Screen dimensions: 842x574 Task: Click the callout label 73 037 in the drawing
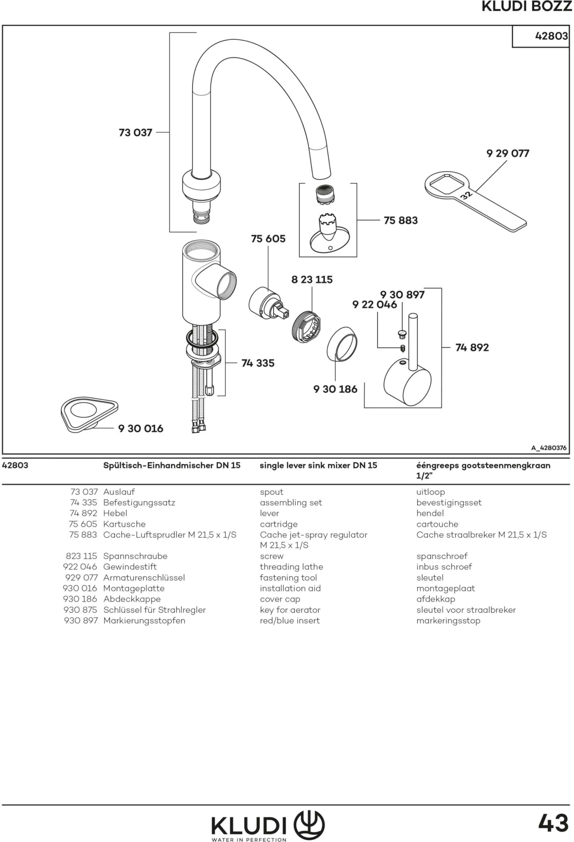(135, 133)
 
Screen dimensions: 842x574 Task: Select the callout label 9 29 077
(507, 153)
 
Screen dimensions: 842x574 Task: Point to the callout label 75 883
(401, 220)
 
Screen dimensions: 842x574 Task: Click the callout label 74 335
(258, 363)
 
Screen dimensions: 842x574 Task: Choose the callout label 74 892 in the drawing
(472, 347)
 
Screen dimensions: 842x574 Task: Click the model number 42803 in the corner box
(551, 36)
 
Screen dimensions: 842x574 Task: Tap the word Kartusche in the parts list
(124, 524)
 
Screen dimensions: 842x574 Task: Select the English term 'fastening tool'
(288, 578)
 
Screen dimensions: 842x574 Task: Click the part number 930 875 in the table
(81, 610)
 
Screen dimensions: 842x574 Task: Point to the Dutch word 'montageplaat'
(445, 588)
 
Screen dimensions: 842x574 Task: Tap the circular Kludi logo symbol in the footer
(309, 824)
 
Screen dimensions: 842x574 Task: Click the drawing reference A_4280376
(548, 448)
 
